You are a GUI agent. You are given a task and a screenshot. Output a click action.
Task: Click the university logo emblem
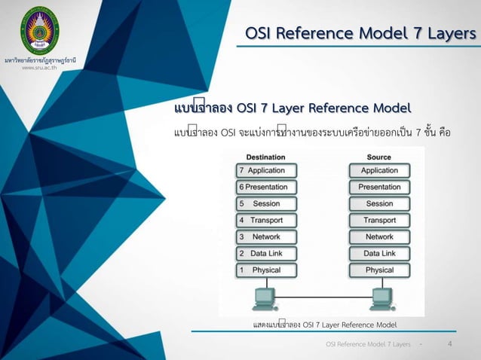(x=39, y=30)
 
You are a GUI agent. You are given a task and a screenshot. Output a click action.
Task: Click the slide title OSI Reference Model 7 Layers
(x=361, y=33)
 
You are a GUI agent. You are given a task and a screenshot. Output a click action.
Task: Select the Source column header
(x=379, y=157)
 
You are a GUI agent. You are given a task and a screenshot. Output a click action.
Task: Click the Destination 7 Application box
(x=266, y=171)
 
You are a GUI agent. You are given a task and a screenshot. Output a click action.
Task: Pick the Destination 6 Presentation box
(x=266, y=187)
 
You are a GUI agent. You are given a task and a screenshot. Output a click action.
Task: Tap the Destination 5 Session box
(x=266, y=203)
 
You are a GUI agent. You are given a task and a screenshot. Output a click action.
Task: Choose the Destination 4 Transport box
(x=266, y=220)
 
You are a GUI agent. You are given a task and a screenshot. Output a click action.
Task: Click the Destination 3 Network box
(x=266, y=236)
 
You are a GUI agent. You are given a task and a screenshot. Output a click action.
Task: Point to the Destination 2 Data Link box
(x=266, y=253)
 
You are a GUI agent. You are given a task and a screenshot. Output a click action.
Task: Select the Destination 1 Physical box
(x=266, y=270)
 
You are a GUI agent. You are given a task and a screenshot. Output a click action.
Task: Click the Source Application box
(x=379, y=171)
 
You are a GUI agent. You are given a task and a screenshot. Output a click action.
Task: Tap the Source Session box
(x=379, y=203)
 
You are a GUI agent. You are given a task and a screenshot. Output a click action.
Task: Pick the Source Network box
(x=379, y=236)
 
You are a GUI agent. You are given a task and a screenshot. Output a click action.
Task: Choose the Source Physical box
(x=379, y=270)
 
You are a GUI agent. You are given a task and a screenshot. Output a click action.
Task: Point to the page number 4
(x=449, y=343)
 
